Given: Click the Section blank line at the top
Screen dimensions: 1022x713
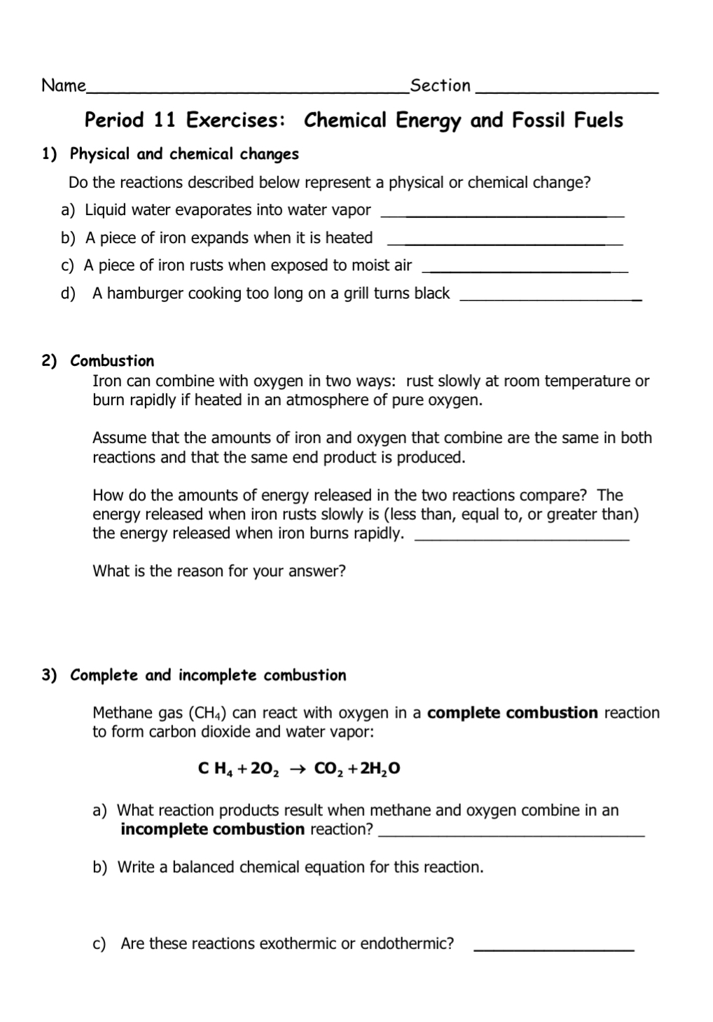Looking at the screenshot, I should point(566,91).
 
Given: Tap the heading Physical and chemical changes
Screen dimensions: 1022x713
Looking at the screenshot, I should point(184,154).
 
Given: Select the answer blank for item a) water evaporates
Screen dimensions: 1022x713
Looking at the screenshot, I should point(506,215).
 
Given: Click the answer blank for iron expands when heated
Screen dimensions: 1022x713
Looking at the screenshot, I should point(504,243).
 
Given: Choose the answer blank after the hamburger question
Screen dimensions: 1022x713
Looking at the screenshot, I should point(551,299).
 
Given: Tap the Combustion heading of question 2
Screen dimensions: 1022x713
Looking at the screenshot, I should point(112,361).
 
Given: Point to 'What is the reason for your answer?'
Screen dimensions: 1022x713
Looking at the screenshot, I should point(219,571).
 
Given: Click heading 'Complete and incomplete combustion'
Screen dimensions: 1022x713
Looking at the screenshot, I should point(208,676).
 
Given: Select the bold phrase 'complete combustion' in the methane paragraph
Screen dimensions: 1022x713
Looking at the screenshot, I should point(512,713).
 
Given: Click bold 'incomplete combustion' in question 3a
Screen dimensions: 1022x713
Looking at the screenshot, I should point(212,830).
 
